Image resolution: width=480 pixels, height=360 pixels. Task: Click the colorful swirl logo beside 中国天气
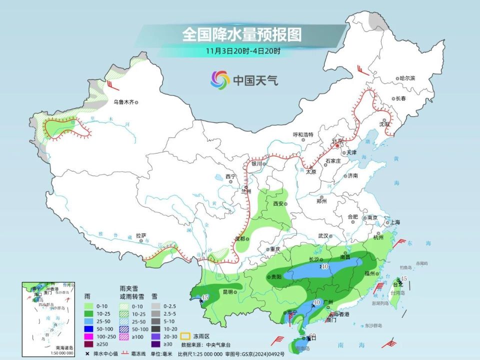pos(220,79)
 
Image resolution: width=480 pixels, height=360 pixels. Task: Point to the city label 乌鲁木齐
pos(123,102)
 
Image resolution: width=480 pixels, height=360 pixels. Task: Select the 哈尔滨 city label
pos(407,78)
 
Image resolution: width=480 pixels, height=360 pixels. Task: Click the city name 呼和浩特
pos(302,134)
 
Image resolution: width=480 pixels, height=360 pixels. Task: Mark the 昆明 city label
pos(227,291)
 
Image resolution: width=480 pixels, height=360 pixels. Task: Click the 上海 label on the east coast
pos(394,222)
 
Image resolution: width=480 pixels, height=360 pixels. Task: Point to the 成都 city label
pos(240,238)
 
